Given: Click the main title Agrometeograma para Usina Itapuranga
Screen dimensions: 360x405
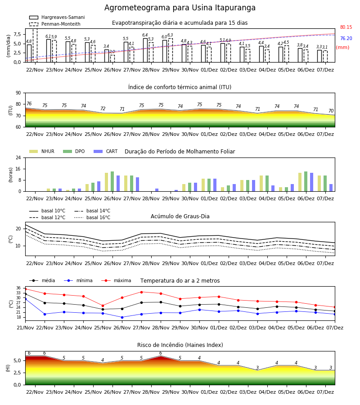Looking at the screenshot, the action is (180, 8).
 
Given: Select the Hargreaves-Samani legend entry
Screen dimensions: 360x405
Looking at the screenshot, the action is (57, 17).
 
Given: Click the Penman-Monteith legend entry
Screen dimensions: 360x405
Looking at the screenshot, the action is (55, 24).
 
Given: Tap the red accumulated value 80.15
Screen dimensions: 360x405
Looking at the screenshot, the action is (346, 27).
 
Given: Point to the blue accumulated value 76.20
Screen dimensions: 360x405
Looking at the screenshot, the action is (346, 39).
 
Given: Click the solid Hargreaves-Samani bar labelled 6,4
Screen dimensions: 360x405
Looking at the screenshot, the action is (145, 50).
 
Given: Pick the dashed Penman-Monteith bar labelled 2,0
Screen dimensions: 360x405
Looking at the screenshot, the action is (112, 58).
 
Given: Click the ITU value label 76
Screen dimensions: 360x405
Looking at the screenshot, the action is (29, 103).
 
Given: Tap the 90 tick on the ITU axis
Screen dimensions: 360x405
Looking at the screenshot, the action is (18, 93).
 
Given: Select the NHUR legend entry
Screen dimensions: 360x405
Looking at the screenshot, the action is (42, 151).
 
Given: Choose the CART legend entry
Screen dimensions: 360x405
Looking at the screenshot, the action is (106, 151).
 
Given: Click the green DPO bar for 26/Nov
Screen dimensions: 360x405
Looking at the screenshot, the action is (112, 182).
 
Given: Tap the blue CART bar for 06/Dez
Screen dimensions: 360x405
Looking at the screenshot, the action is (312, 182).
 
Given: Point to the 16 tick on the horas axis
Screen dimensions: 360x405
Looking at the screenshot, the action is (18, 169).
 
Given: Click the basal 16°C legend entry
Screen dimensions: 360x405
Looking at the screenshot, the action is (92, 217).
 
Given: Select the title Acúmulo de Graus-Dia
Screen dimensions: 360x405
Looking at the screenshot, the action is (180, 216).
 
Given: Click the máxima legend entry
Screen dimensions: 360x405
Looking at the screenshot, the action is (116, 280).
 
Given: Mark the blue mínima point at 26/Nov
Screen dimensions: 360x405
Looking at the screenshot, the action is (122, 317).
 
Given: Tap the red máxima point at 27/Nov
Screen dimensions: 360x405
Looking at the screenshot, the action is (141, 292).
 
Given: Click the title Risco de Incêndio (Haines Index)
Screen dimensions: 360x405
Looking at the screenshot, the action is (180, 345).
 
